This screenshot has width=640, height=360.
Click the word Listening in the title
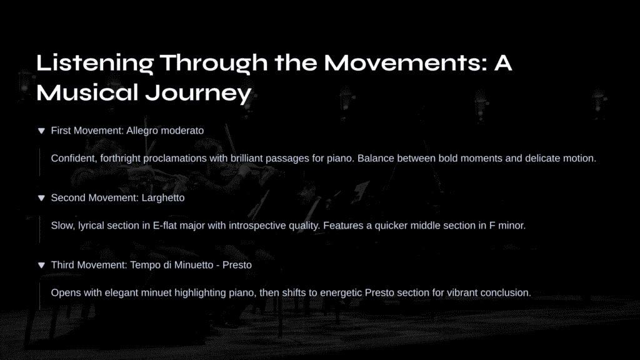(x=95, y=63)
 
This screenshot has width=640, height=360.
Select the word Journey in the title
(x=198, y=93)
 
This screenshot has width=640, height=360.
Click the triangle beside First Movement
(x=41, y=131)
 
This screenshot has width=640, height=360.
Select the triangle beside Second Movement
(x=41, y=198)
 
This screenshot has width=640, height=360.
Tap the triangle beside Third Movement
(x=41, y=265)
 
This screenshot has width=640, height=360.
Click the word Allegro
(x=142, y=131)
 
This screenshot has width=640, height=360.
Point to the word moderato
(x=182, y=131)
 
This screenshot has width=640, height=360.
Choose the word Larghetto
(x=163, y=198)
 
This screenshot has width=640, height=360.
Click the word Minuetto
(x=194, y=265)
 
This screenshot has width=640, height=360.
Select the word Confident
(x=74, y=158)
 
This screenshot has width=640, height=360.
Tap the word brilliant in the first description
(x=246, y=158)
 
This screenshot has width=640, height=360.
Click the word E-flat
(x=165, y=226)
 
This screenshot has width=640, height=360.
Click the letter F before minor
(x=492, y=226)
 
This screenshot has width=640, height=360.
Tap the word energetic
(x=341, y=293)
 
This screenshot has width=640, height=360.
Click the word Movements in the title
(x=406, y=63)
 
